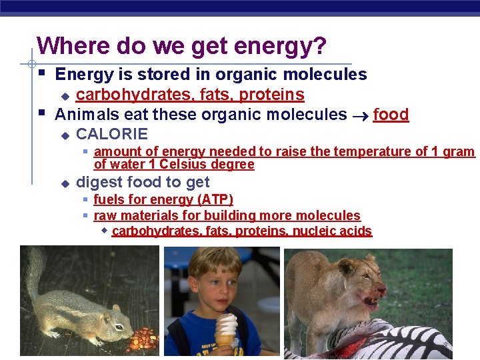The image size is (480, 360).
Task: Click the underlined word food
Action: (x=391, y=115)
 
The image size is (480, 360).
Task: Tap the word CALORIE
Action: (x=112, y=134)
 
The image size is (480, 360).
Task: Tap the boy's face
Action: (x=215, y=287)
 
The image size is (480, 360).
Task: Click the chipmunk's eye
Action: (x=118, y=319)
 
